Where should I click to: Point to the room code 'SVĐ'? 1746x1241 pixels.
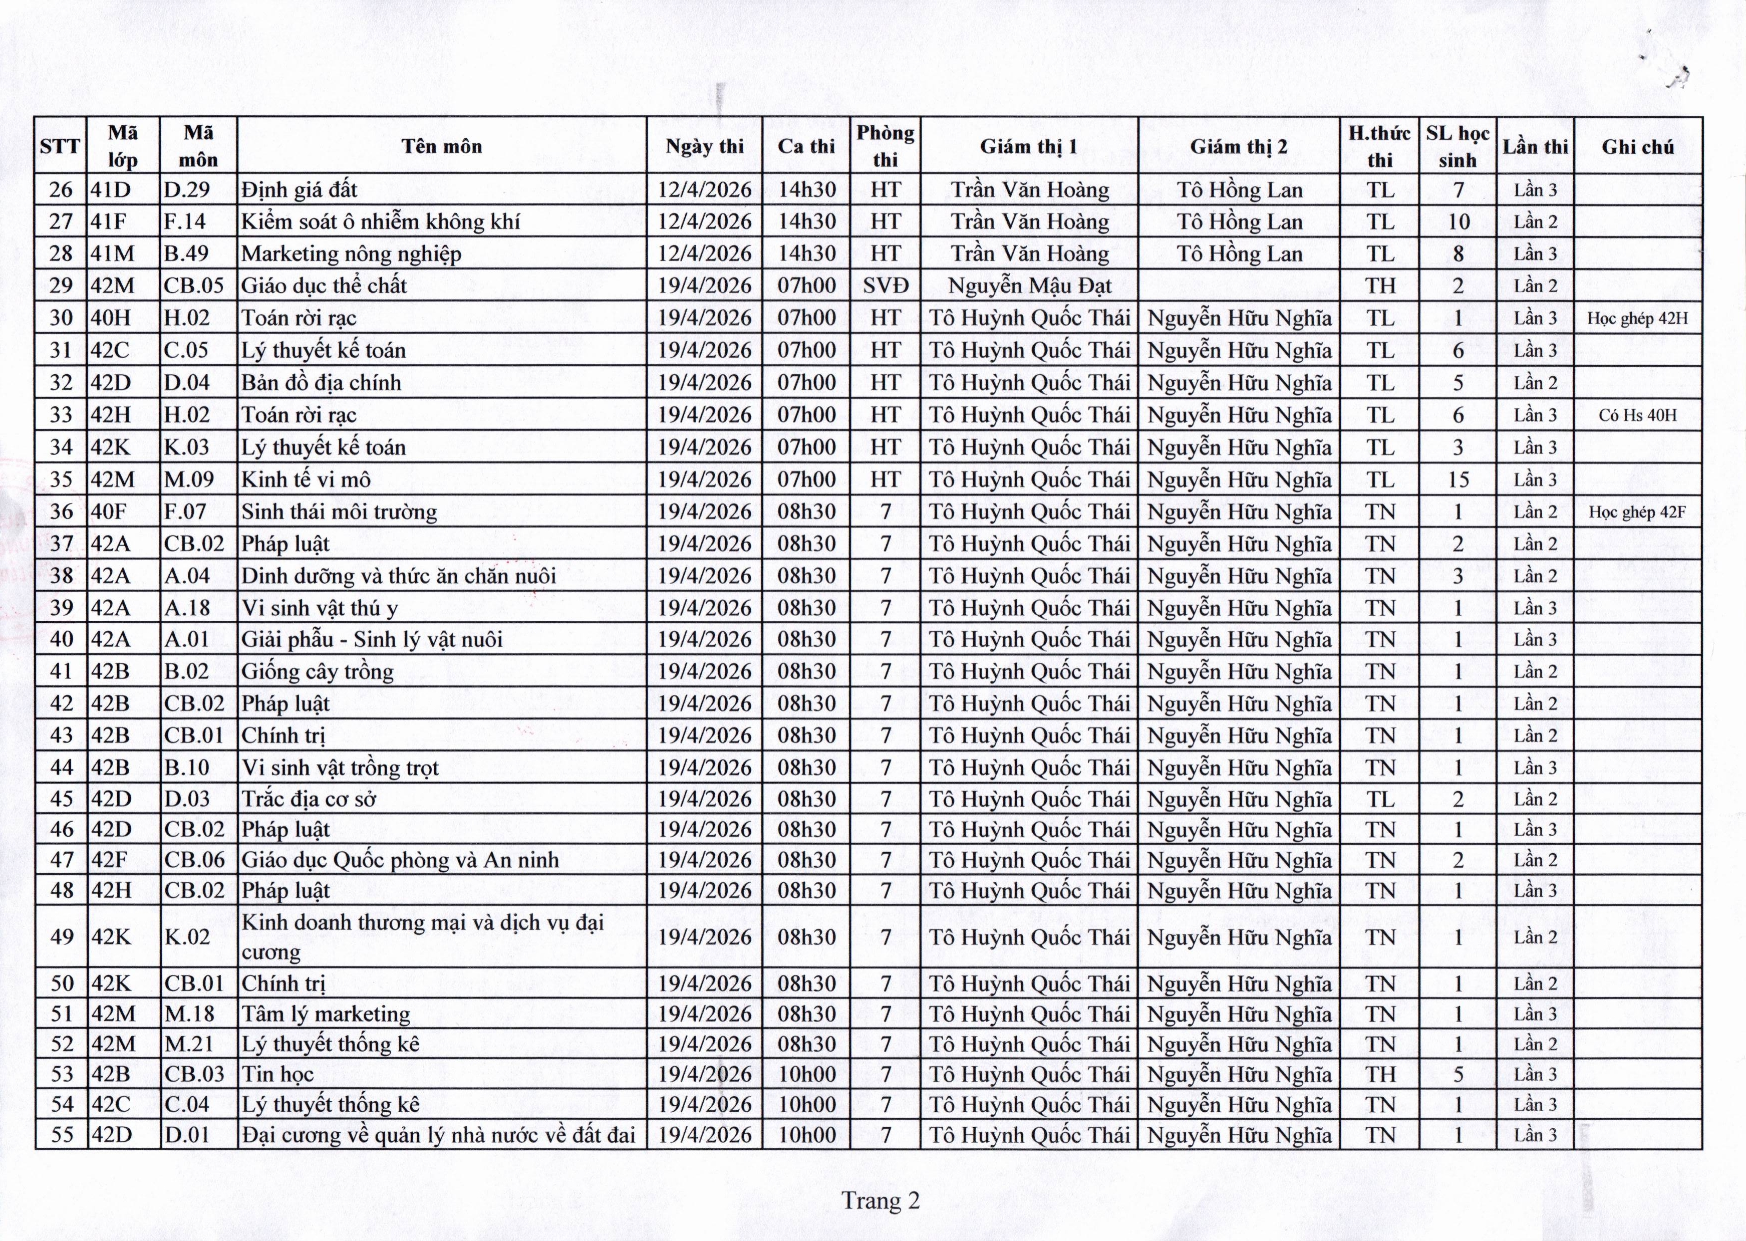click(885, 286)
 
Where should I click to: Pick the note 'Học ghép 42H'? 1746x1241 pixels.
click(1637, 318)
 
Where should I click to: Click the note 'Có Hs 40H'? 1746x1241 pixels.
click(1637, 415)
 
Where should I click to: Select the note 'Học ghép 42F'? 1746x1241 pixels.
click(1637, 511)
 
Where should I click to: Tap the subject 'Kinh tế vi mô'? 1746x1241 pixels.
click(306, 479)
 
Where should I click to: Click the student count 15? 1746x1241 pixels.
click(1458, 479)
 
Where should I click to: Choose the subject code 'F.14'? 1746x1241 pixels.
click(185, 221)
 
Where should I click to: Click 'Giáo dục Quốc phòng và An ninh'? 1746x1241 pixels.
click(400, 860)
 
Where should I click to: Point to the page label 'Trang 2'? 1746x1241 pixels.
click(881, 1200)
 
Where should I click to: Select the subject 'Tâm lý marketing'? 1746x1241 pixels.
click(326, 1014)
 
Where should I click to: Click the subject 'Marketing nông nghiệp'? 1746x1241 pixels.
click(351, 254)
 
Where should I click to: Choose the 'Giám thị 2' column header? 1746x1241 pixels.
click(1238, 146)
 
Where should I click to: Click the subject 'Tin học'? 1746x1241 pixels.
click(278, 1074)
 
